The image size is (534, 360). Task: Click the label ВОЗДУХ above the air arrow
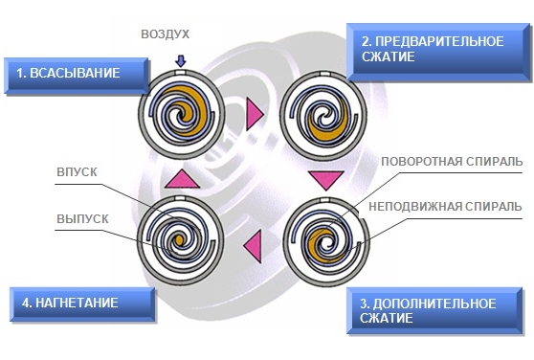click(x=166, y=34)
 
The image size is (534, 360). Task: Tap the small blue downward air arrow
click(x=181, y=61)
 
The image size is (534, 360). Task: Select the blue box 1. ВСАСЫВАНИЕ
click(x=77, y=76)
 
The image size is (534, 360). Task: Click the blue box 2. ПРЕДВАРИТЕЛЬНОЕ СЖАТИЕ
click(x=438, y=52)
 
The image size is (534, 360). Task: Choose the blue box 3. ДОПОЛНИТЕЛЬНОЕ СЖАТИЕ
click(x=434, y=310)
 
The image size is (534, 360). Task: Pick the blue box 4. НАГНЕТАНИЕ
click(x=82, y=304)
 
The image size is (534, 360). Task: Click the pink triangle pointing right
click(x=255, y=114)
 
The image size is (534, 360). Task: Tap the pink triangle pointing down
click(x=326, y=180)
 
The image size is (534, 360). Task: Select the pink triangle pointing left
click(x=253, y=246)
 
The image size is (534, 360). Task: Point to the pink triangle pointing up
click(x=182, y=179)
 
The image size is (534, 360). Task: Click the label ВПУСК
click(x=77, y=172)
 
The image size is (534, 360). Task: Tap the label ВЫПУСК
click(x=82, y=218)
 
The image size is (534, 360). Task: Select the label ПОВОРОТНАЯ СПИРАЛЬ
click(x=452, y=161)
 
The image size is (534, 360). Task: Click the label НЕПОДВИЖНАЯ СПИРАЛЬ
click(x=445, y=207)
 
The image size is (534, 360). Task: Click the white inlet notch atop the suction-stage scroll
click(x=181, y=73)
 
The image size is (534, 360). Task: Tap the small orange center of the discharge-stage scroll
click(x=179, y=239)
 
